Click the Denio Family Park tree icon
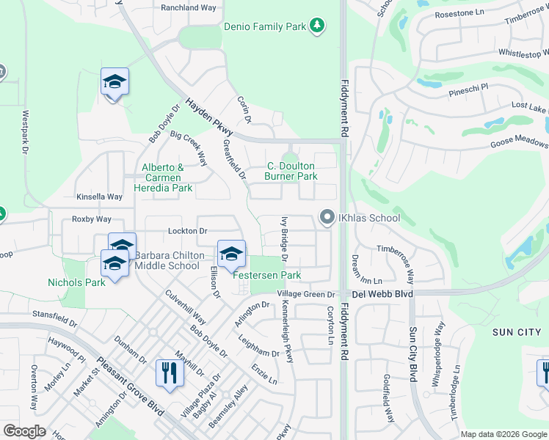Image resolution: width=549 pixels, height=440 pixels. coord(317,26)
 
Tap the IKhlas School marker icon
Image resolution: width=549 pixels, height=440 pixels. coord(327,217)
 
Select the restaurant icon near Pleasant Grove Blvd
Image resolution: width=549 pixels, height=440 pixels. coord(169,373)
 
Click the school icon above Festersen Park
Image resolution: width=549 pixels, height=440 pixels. coord(231,254)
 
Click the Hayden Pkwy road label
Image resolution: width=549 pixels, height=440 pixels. coord(208,117)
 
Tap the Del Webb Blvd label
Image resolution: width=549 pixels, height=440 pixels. coord(382,294)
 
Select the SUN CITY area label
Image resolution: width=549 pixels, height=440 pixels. coord(516,332)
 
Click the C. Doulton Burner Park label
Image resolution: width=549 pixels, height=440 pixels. coord(291,171)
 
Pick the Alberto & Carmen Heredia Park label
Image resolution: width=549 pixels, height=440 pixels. coord(167,177)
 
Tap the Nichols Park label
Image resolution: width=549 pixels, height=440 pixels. coord(76,282)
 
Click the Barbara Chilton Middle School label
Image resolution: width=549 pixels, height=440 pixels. coord(167,260)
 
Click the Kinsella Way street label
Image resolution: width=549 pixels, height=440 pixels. coord(99,197)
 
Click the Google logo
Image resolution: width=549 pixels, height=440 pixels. coord(24,431)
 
